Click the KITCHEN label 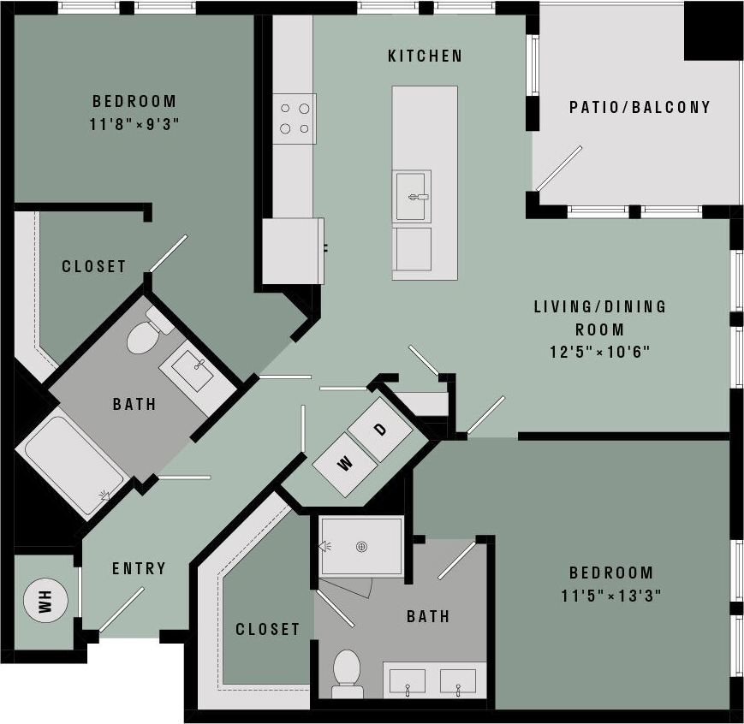click(x=425, y=56)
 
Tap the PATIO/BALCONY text click(x=640, y=107)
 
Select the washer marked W click(x=345, y=464)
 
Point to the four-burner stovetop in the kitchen click(x=294, y=119)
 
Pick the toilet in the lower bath click(x=347, y=669)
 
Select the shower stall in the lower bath click(x=360, y=545)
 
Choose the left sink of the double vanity click(x=408, y=681)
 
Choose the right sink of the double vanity click(x=458, y=681)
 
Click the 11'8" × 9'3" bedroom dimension click(x=134, y=123)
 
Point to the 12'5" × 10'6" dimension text click(x=599, y=351)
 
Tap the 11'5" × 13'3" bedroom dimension click(x=611, y=594)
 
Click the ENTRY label click(x=139, y=568)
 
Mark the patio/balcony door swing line click(x=559, y=169)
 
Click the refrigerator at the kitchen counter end click(x=293, y=251)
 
